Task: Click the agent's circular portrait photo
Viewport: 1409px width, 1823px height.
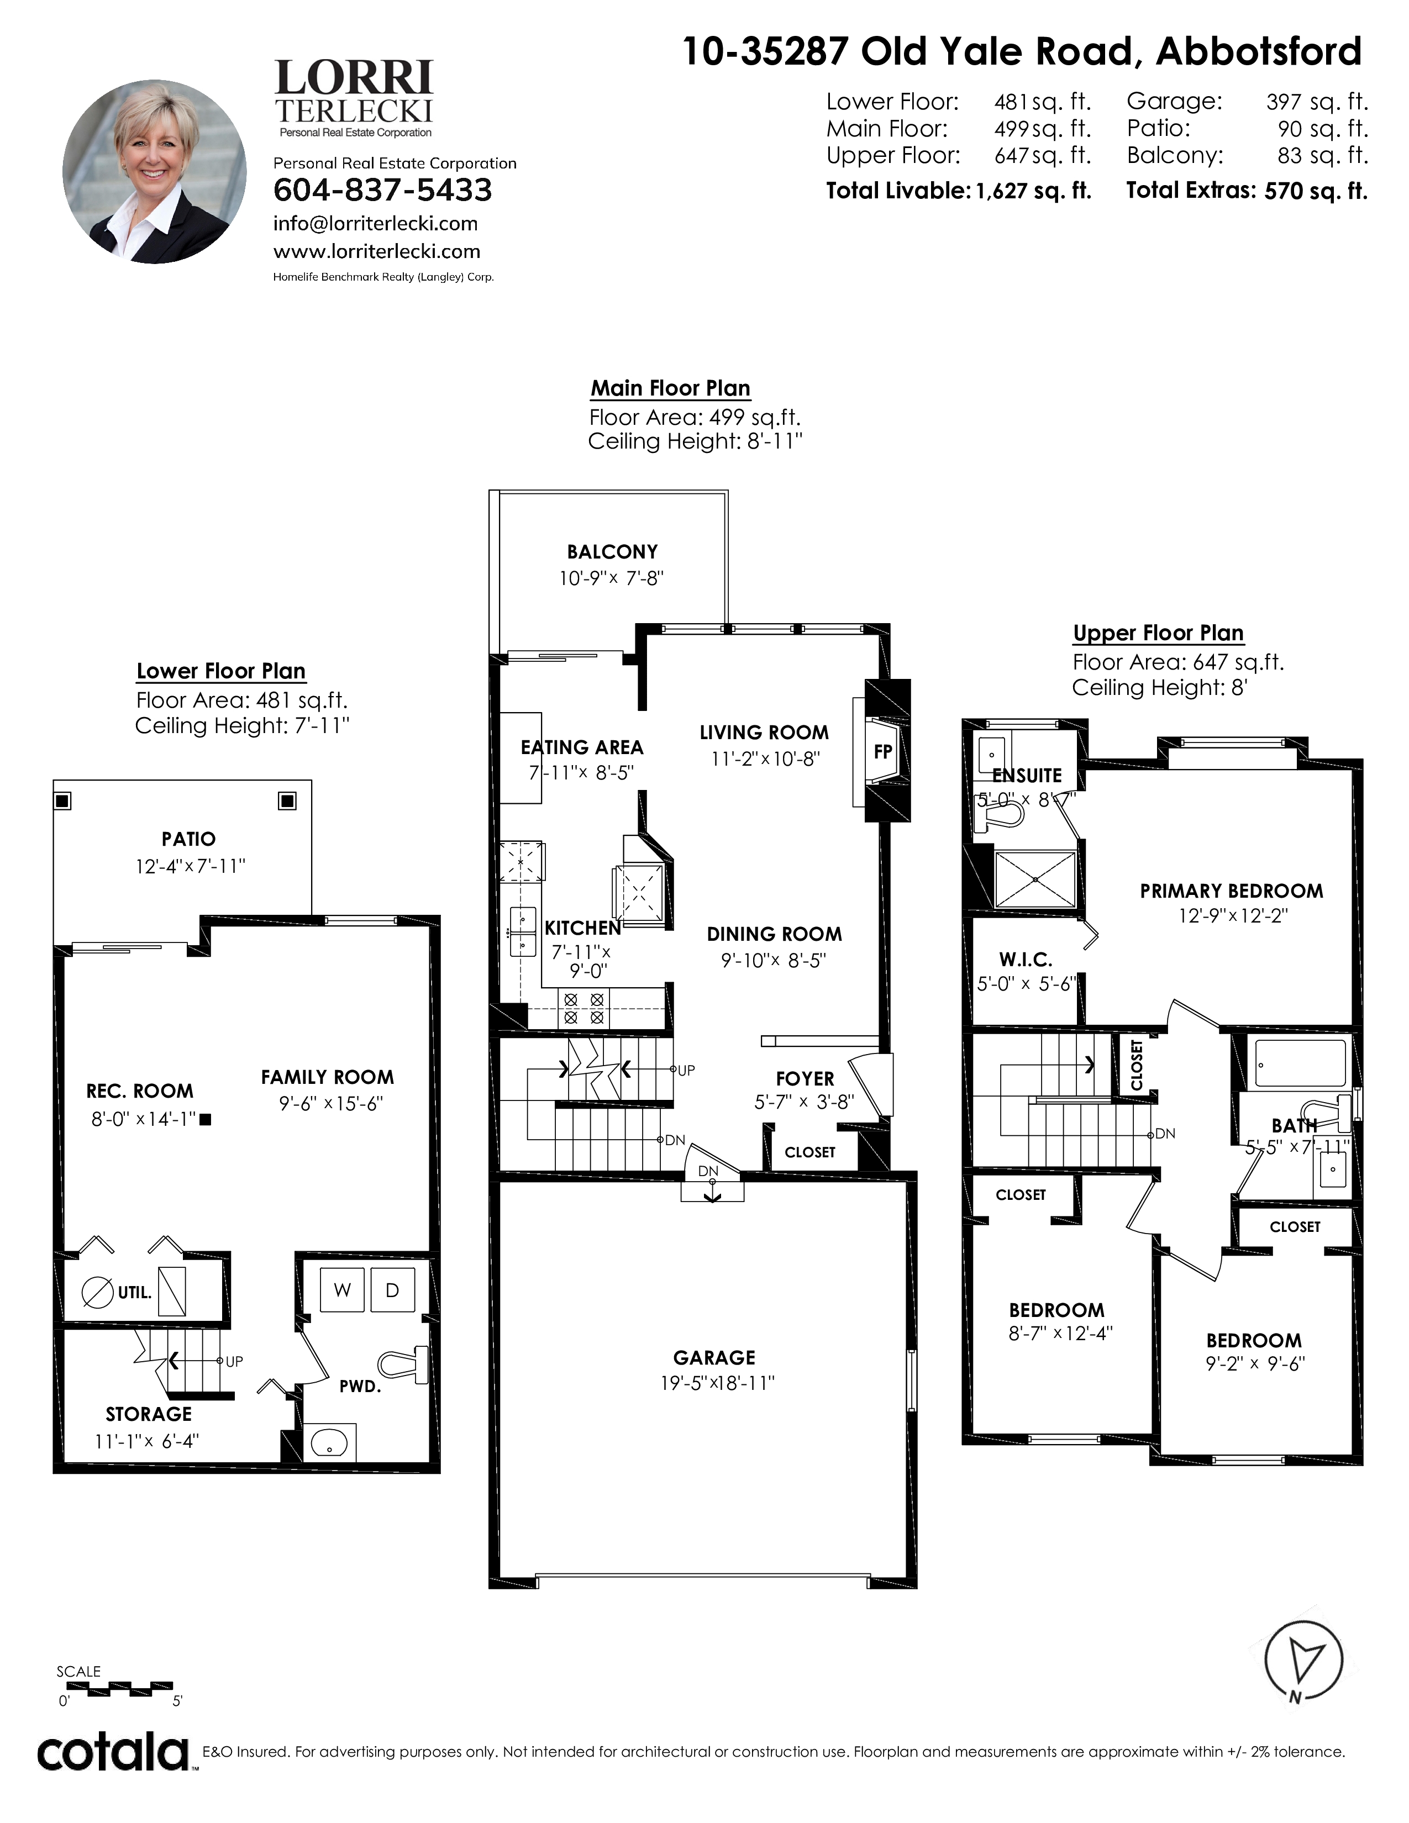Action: [x=154, y=171]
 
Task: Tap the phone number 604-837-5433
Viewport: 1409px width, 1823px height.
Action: [x=382, y=191]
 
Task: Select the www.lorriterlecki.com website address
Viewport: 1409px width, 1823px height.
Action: [x=376, y=251]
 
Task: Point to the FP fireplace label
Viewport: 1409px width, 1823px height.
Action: [x=882, y=751]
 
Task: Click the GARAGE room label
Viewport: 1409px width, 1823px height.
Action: [x=714, y=1358]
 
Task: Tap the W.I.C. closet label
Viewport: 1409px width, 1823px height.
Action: [x=1026, y=960]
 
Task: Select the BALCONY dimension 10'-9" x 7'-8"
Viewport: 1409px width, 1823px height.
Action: [x=611, y=578]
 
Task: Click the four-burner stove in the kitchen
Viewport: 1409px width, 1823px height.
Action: [x=583, y=1008]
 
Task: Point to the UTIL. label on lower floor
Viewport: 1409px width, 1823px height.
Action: [x=134, y=1293]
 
